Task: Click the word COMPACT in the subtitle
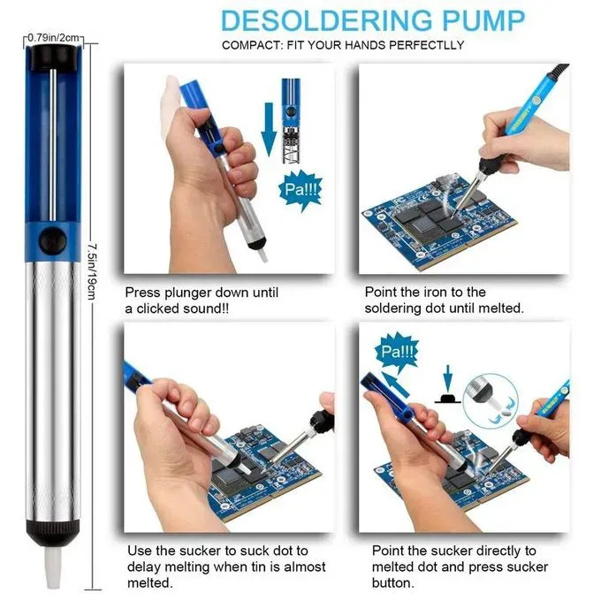click(250, 45)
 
